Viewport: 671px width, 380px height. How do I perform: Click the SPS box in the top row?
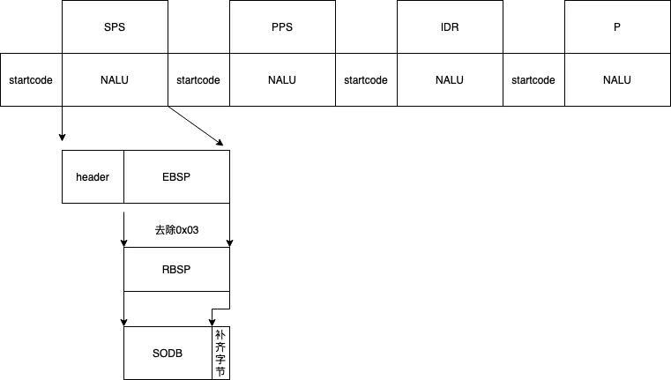tap(115, 27)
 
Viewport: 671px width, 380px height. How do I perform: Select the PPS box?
tap(282, 27)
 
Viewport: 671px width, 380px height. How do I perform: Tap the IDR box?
tap(450, 27)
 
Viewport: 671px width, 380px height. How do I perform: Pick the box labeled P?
tap(617, 27)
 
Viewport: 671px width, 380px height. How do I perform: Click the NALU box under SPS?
tap(115, 80)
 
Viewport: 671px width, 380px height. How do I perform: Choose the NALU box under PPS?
tap(282, 80)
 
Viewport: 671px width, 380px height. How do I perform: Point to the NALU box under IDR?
tap(450, 80)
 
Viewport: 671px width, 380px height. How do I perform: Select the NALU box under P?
tap(617, 80)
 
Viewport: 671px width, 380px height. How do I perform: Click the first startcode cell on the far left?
tap(31, 80)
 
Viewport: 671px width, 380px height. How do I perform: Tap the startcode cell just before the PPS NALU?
tap(198, 80)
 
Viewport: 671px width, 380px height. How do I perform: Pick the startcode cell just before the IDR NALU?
tap(366, 80)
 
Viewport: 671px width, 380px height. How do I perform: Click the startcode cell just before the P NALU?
tap(533, 80)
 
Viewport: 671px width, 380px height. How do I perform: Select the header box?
tap(93, 177)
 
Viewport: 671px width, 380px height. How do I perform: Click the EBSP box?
tap(176, 177)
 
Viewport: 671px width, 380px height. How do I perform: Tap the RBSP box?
tap(176, 270)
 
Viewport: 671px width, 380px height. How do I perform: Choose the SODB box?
tap(168, 353)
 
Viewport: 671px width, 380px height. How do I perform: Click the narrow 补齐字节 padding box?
tap(220, 353)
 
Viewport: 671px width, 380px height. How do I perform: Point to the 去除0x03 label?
tap(177, 230)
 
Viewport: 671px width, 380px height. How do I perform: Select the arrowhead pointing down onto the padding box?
tap(212, 322)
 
